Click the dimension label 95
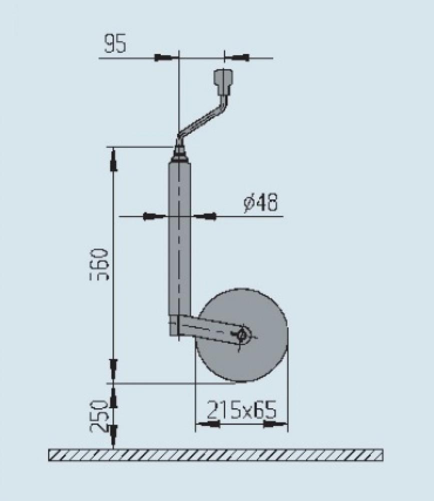(115, 45)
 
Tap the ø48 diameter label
(260, 203)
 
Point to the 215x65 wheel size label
(242, 411)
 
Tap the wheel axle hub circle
(243, 335)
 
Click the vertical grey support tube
(179, 235)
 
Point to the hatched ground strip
(215, 455)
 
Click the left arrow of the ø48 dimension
(154, 217)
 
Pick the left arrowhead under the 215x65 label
(207, 425)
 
